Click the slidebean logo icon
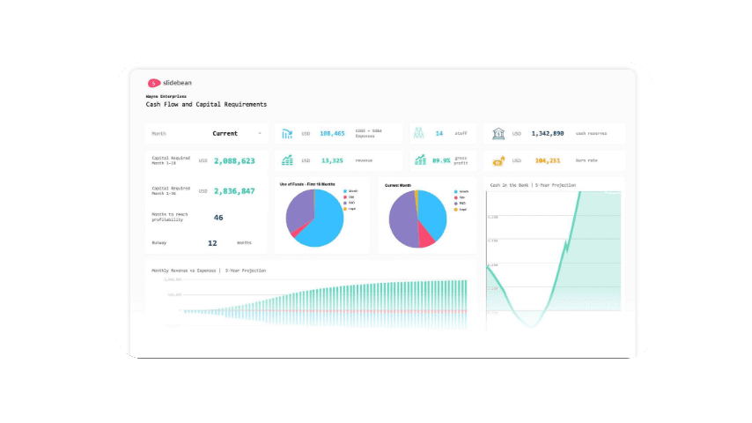(x=154, y=83)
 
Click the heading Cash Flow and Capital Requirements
(x=206, y=104)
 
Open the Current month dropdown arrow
(x=260, y=134)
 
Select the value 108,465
(x=332, y=134)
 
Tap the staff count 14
(x=439, y=134)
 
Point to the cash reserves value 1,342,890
(x=547, y=134)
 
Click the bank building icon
(x=498, y=134)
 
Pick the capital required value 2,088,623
(x=234, y=161)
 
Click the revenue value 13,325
(x=332, y=161)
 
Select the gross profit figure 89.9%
(x=440, y=161)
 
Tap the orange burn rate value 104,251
(x=547, y=161)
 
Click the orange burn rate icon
(x=498, y=161)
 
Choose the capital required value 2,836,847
(x=234, y=191)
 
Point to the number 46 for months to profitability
(x=218, y=218)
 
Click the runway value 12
(x=212, y=242)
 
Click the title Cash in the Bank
(x=532, y=186)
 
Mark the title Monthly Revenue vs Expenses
(x=208, y=271)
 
